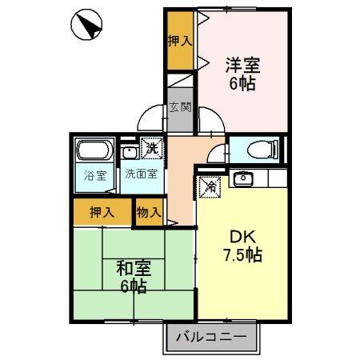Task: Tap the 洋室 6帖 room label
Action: (241, 73)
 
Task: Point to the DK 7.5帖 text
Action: (241, 247)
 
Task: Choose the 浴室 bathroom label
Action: (96, 176)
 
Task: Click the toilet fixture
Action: (258, 149)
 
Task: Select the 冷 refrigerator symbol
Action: (209, 185)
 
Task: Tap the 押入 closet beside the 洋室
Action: (181, 41)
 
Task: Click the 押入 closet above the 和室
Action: (102, 212)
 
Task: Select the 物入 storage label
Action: (149, 212)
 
